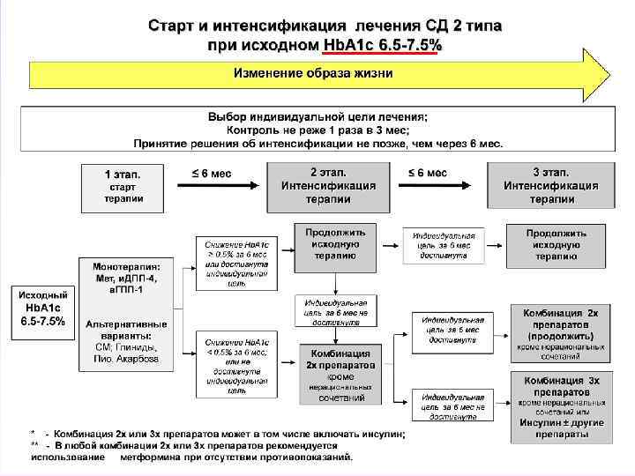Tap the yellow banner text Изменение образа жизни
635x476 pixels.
313,72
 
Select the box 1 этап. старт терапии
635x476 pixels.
123,186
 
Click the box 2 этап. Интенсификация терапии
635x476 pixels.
328,186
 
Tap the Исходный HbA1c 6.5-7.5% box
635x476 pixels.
42,308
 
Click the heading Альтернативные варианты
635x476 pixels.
124,330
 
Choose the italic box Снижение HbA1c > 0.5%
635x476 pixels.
236,262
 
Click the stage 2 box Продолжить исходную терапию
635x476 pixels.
335,243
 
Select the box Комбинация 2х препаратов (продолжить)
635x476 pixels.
560,334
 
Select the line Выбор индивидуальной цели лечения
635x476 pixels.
317,117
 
